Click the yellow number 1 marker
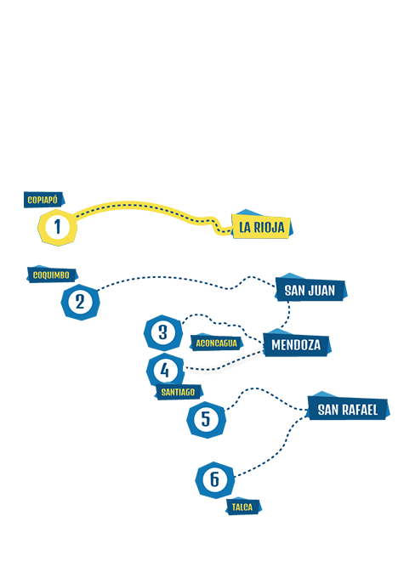click(57, 227)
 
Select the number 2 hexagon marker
click(80, 302)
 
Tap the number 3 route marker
click(163, 332)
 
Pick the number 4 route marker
click(165, 371)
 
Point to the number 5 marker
click(206, 420)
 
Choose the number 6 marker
click(215, 480)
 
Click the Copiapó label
click(44, 200)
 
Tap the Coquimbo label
click(52, 275)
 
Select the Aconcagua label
click(216, 343)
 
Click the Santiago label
click(179, 392)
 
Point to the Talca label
click(243, 507)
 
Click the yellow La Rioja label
click(262, 226)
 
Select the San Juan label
click(310, 289)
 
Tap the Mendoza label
click(297, 344)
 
